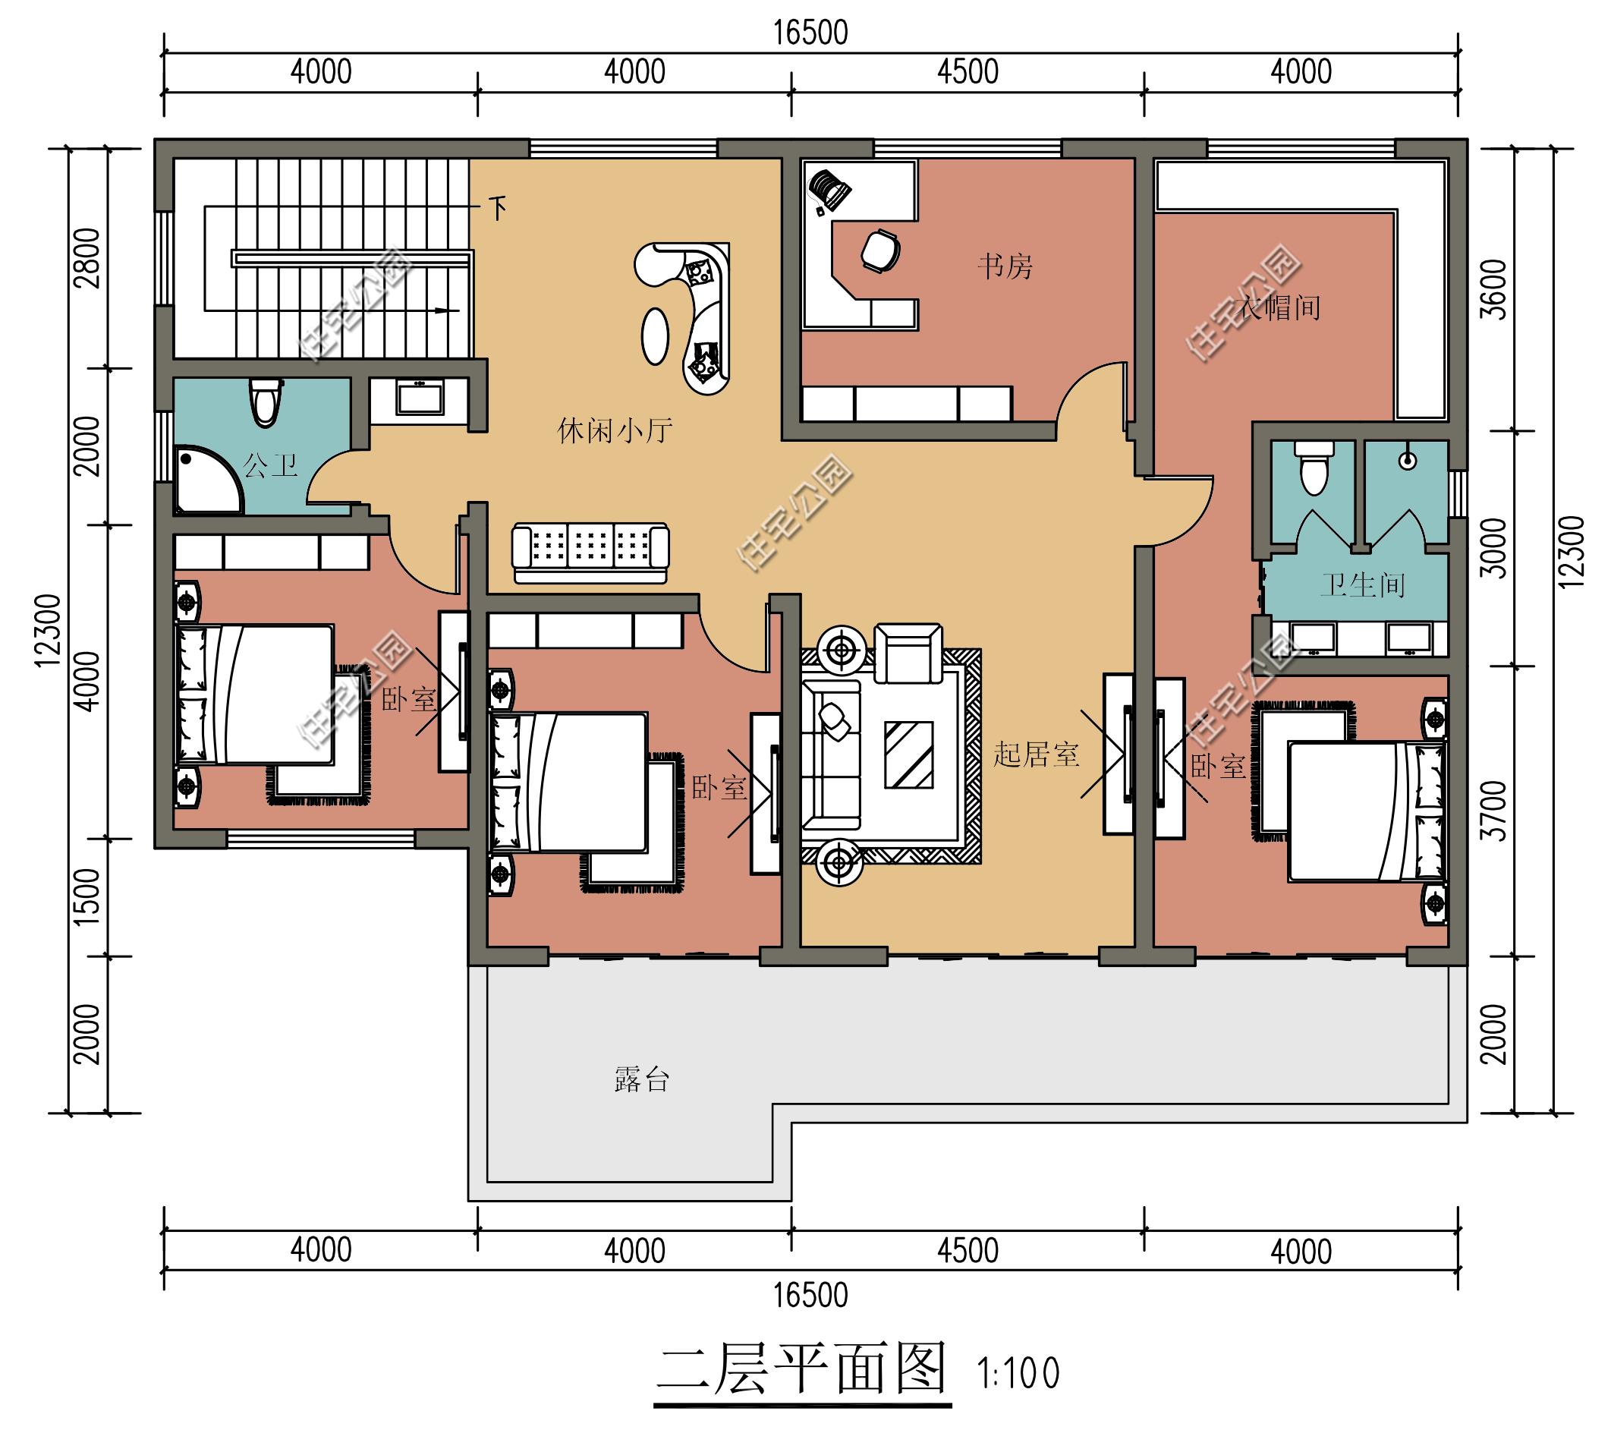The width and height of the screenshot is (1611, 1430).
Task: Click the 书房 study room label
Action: click(x=1004, y=266)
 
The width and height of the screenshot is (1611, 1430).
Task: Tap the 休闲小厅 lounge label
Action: click(x=614, y=430)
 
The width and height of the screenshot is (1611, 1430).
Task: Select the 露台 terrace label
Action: click(x=640, y=1079)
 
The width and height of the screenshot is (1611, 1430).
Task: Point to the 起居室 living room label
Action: click(x=1035, y=754)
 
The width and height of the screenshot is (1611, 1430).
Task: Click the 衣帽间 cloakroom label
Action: click(x=1279, y=307)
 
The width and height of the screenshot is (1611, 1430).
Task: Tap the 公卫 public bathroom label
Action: click(x=269, y=465)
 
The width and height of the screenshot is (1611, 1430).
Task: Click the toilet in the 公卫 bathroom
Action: click(x=265, y=401)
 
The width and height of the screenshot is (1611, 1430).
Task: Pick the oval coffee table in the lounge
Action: click(x=654, y=335)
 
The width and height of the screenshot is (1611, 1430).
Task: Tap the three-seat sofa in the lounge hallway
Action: click(x=590, y=552)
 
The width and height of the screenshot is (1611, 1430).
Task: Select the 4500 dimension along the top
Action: click(x=967, y=73)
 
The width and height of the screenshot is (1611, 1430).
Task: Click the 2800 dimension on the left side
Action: click(x=90, y=257)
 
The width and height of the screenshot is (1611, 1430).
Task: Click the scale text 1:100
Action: click(x=1018, y=1374)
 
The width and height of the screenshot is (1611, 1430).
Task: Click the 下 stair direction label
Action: click(x=497, y=208)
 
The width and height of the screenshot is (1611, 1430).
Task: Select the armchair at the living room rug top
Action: click(x=908, y=654)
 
